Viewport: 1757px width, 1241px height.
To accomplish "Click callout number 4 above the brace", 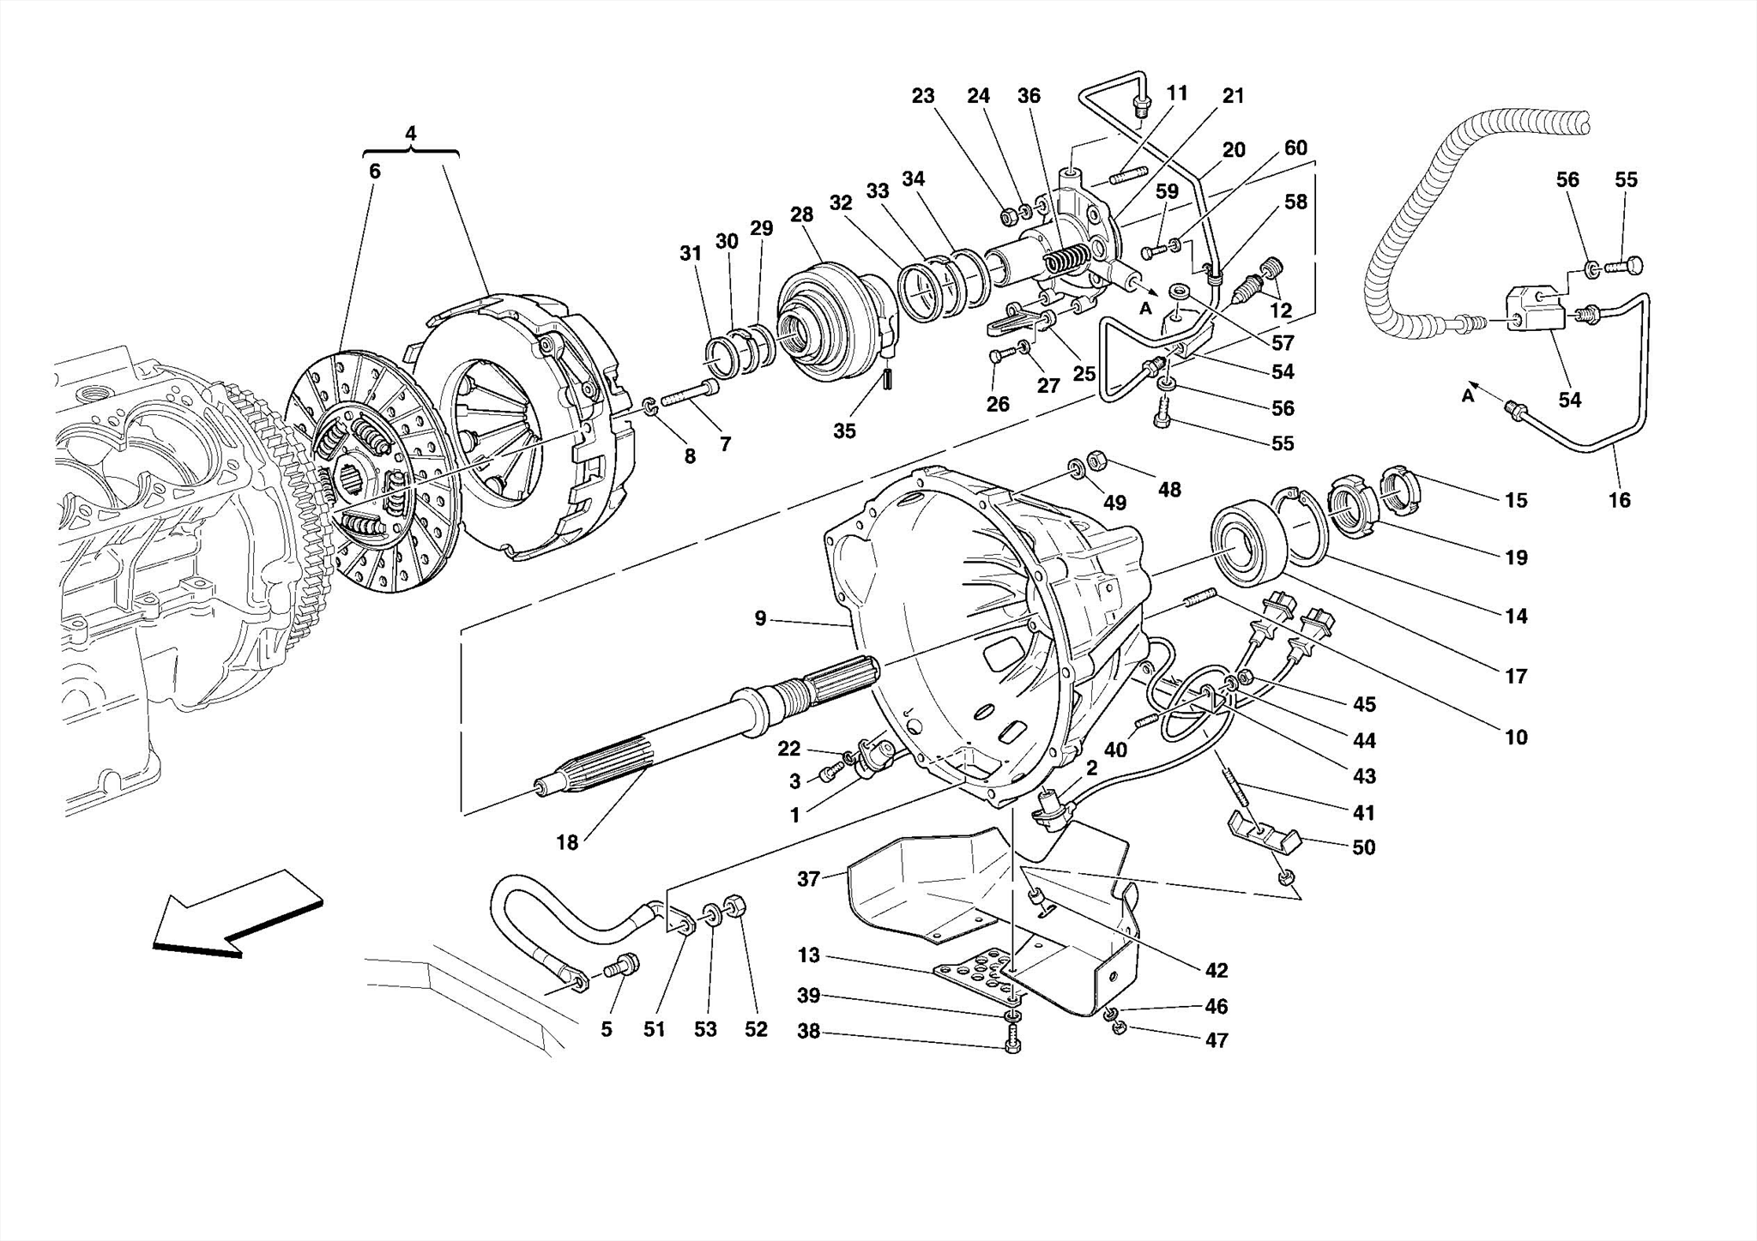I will (x=411, y=134).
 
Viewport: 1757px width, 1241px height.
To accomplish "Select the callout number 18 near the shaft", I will (x=567, y=842).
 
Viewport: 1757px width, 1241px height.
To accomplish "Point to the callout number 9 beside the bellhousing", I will (x=760, y=617).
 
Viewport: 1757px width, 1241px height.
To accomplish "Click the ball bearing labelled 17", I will (x=1249, y=545).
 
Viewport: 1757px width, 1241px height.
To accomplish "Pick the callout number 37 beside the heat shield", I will (x=809, y=878).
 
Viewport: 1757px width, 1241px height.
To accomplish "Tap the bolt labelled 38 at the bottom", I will (x=1011, y=1045).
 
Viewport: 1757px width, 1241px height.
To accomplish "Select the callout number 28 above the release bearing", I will (x=801, y=214).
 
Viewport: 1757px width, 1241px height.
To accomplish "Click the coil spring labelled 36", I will (x=1067, y=258).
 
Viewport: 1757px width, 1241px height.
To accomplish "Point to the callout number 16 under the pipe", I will (x=1619, y=500).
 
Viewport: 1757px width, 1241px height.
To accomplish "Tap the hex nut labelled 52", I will (x=736, y=907).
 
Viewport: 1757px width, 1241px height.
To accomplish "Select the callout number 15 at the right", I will (x=1516, y=500).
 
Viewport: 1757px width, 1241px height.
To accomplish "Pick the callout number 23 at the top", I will (x=923, y=96).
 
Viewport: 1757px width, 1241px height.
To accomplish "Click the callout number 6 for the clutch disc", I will (x=375, y=171).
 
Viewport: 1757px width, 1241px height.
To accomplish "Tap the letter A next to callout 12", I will (x=1145, y=309).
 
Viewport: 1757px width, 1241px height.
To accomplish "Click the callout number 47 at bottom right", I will (x=1217, y=1039).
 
